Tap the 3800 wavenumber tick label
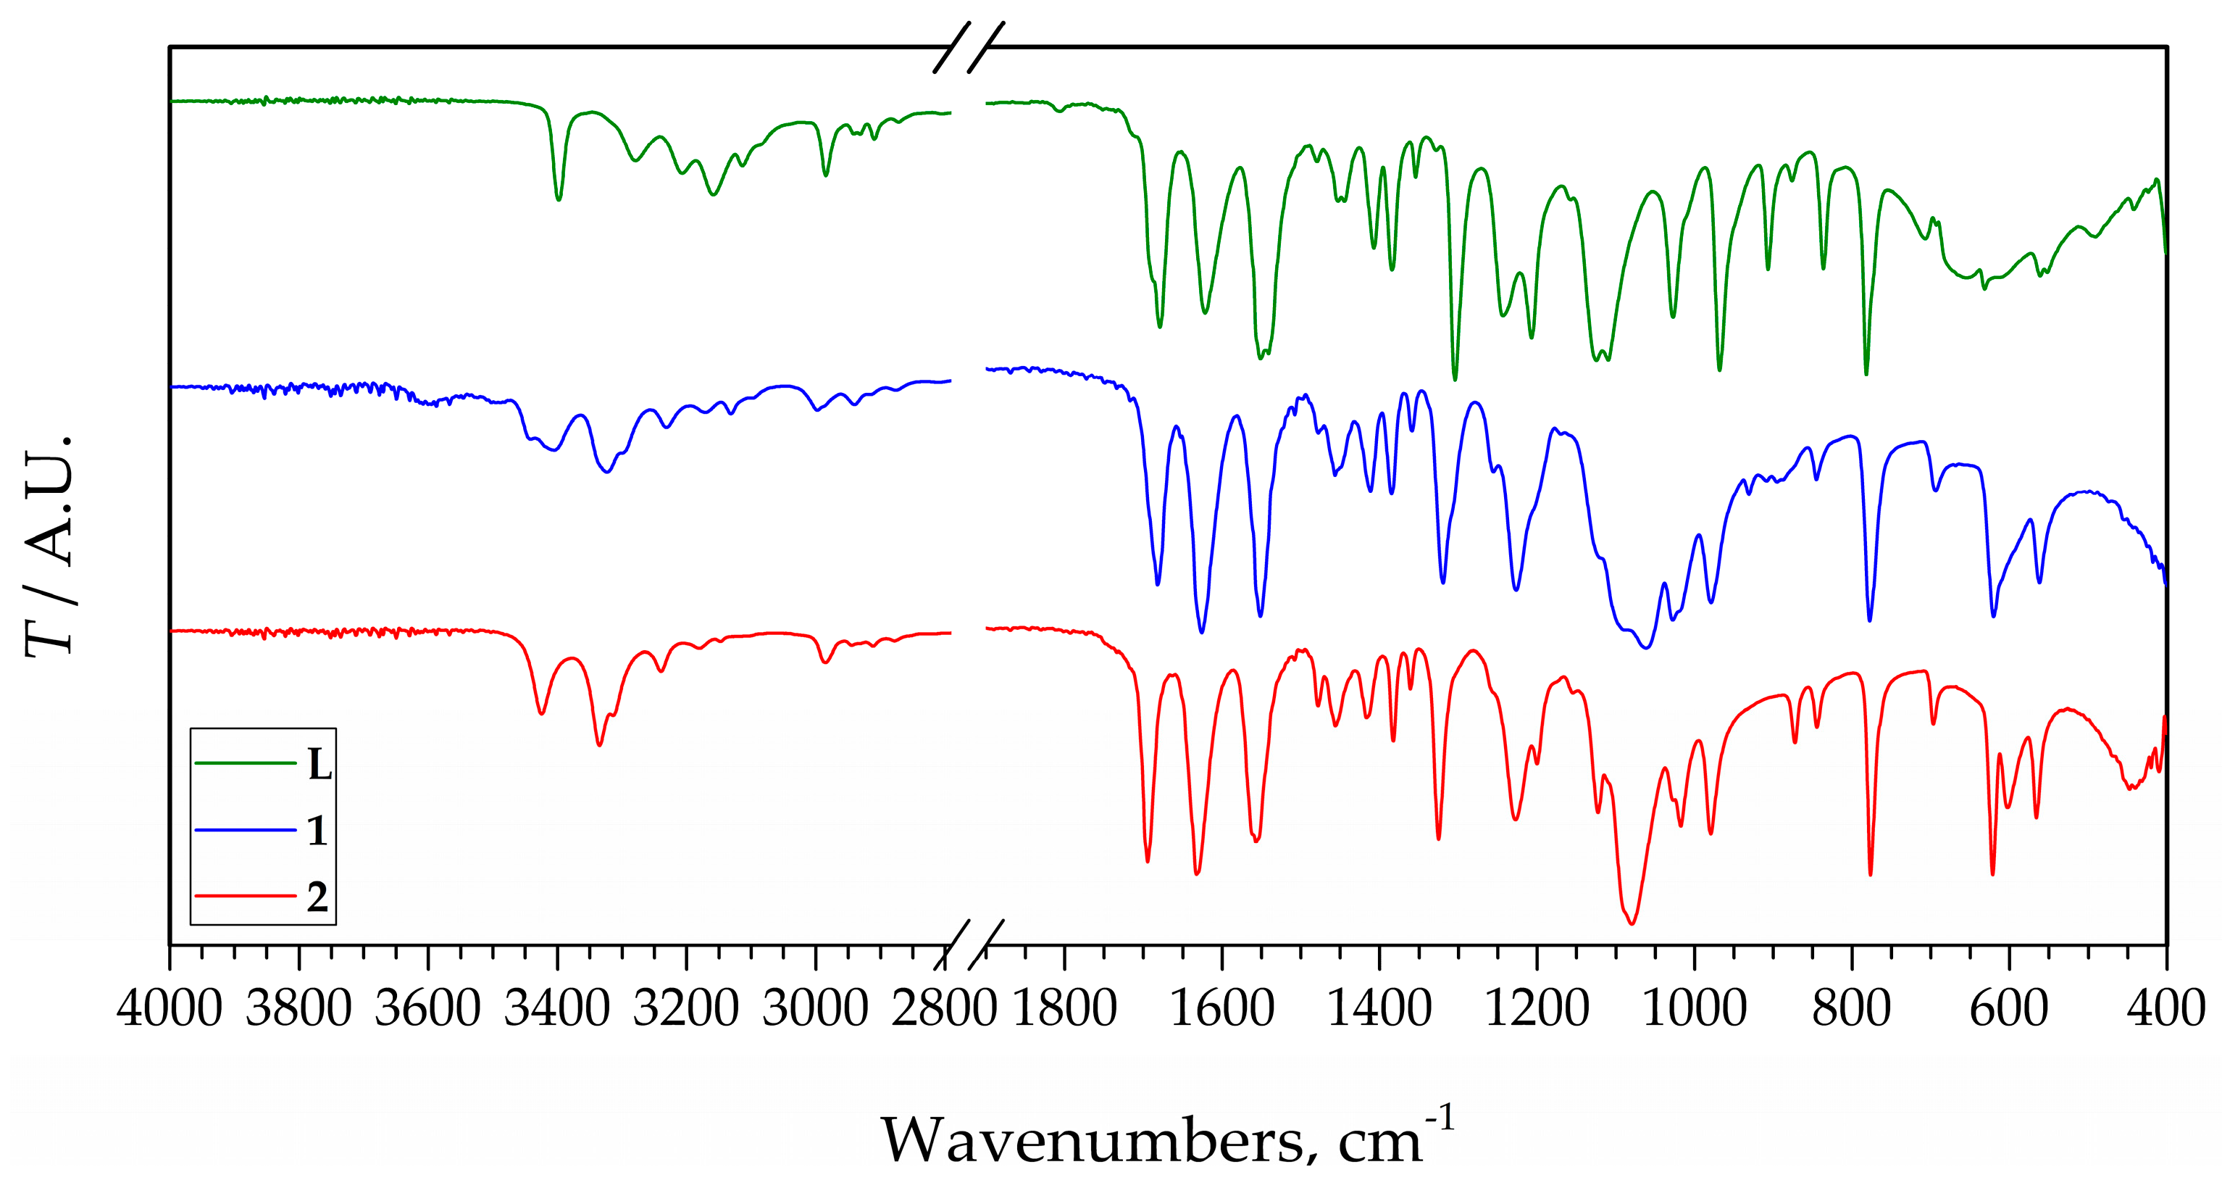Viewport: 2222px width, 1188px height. point(298,1008)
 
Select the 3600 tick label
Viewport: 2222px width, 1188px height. point(428,1008)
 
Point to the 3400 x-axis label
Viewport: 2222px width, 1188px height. point(556,1008)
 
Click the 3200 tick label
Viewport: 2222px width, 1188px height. point(686,1008)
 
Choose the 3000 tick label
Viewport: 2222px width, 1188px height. point(815,1008)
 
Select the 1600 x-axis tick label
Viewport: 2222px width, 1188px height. point(1222,1008)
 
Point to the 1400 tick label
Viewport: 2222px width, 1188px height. point(1379,1008)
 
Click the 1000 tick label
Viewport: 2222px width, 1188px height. point(1694,1008)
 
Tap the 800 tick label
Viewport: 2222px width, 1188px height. point(1852,1008)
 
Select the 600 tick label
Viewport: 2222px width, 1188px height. point(2009,1008)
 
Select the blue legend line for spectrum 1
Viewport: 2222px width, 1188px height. point(246,830)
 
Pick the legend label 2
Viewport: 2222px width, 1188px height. point(317,897)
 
